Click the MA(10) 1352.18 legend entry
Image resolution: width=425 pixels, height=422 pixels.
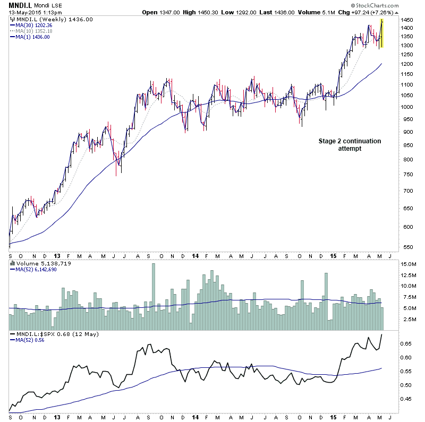click(x=35, y=31)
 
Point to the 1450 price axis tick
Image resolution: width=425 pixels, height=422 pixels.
click(x=408, y=20)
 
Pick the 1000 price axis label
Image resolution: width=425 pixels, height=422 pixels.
click(x=408, y=107)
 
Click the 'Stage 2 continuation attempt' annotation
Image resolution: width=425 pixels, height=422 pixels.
click(x=350, y=145)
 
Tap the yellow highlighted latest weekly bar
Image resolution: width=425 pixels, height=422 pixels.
click(x=382, y=33)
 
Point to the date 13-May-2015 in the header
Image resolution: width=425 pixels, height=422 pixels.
click(x=25, y=12)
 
